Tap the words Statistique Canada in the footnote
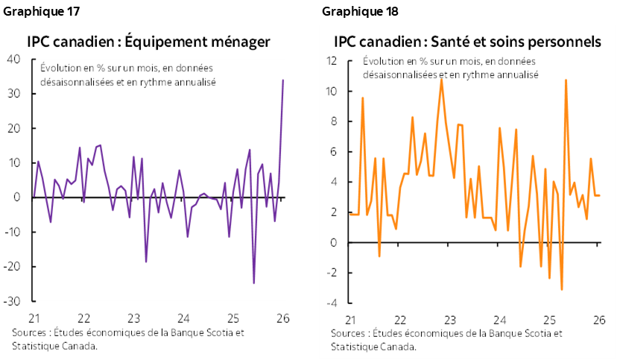tap(373, 347)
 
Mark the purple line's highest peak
tap(283, 80)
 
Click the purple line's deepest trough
tap(254, 283)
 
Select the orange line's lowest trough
tap(562, 289)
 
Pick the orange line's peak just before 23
tap(441, 79)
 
